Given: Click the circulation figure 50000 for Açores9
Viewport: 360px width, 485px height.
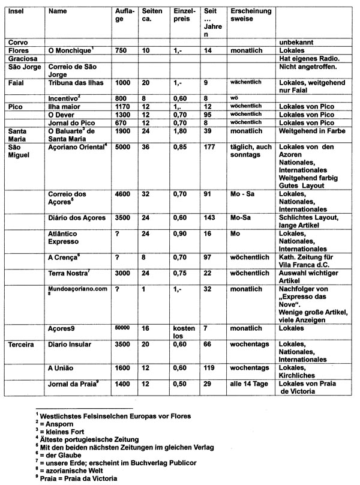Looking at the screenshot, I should point(123,328).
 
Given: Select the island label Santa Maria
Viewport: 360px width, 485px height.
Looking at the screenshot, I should point(20,131).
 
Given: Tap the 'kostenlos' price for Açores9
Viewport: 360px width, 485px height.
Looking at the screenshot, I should point(181,332).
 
